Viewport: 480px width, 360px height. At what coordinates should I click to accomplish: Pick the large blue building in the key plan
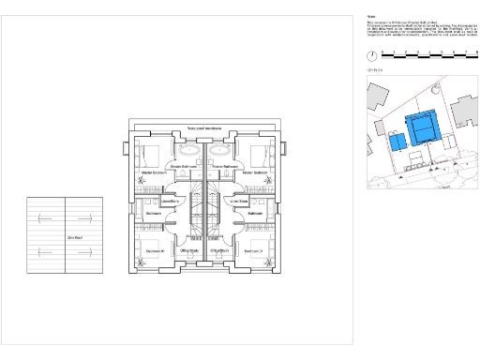point(423,127)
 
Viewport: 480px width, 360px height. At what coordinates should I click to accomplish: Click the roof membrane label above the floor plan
point(205,127)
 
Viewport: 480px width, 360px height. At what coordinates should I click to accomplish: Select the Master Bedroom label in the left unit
point(153,172)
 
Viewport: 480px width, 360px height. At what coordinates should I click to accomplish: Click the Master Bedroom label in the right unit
point(255,172)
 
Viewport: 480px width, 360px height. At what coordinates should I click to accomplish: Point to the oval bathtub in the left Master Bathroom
point(188,150)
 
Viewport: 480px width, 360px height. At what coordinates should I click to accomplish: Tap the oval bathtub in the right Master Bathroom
point(221,150)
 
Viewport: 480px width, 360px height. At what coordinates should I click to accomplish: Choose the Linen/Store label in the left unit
point(170,201)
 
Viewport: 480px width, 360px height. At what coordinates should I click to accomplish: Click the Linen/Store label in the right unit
point(239,201)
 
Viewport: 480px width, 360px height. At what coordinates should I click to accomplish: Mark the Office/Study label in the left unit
point(188,251)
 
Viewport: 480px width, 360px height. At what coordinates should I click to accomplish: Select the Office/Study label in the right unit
point(220,251)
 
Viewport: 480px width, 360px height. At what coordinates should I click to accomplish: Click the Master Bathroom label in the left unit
point(183,166)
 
